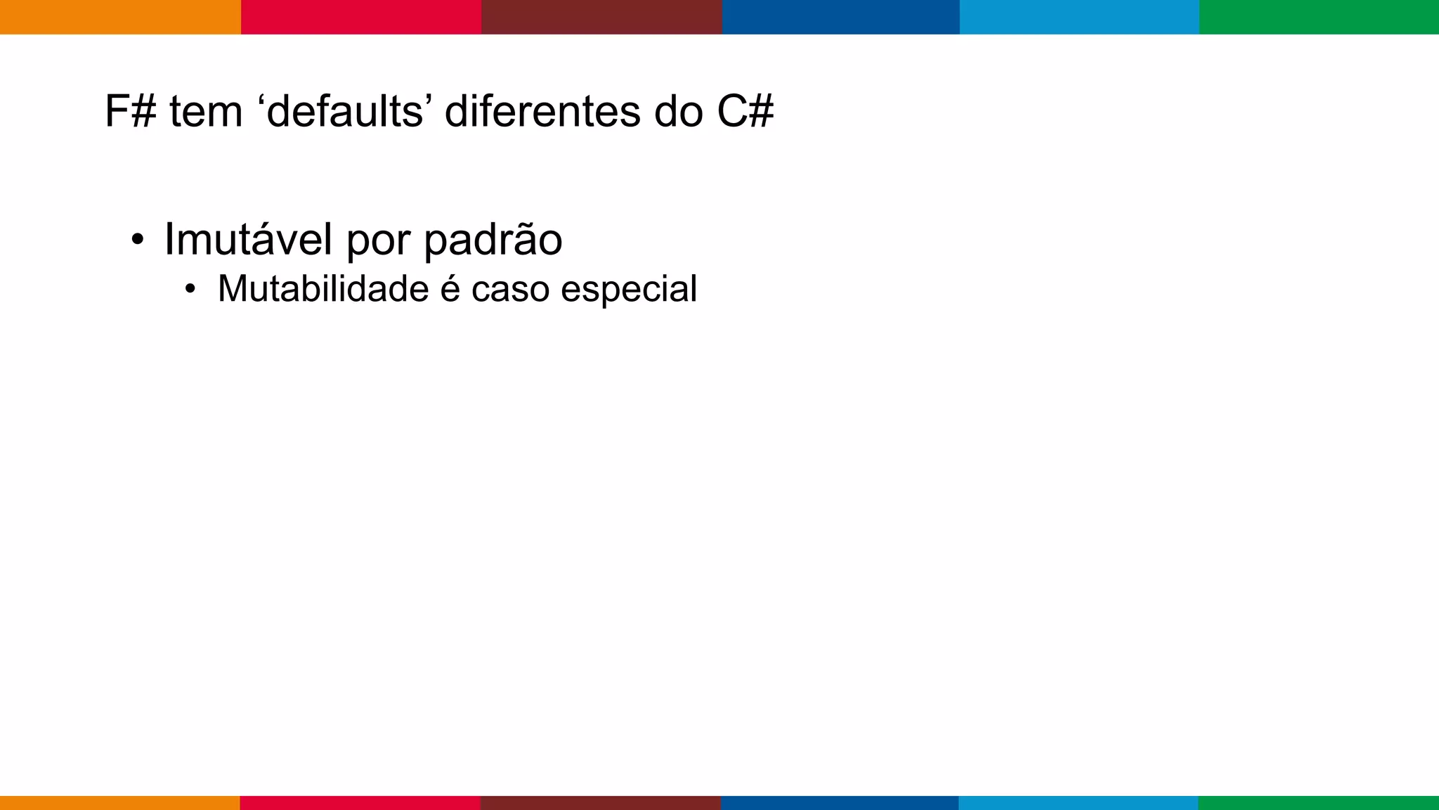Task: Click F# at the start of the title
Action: [x=130, y=111]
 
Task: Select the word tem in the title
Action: [x=206, y=111]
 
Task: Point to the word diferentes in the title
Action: [x=542, y=111]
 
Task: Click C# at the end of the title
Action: [x=745, y=111]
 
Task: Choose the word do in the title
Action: [x=678, y=111]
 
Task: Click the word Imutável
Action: [x=248, y=239]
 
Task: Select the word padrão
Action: [x=493, y=240]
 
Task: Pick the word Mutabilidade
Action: [x=323, y=288]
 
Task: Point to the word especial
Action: [x=629, y=290]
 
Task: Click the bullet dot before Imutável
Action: [x=138, y=240]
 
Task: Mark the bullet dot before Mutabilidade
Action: [x=190, y=290]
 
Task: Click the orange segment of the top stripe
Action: [x=120, y=17]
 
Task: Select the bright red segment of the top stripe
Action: [x=361, y=17]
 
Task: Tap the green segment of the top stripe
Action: [x=1319, y=17]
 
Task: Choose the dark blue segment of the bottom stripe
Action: [x=840, y=802]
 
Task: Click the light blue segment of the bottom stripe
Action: [x=1079, y=802]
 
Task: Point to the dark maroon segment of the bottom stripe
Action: [x=601, y=802]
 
